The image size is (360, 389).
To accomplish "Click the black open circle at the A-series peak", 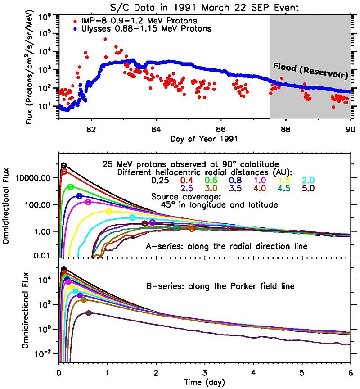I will coord(64,166).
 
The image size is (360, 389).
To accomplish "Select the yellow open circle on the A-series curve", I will coord(109,211).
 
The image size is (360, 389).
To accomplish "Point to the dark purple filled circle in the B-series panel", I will coord(89,313).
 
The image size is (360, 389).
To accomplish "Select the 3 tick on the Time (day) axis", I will coord(205,373).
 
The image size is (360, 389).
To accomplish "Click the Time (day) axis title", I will coord(204,382).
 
